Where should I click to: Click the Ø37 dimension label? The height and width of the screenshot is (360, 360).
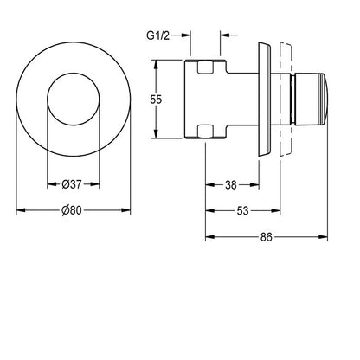pyautogui.click(x=72, y=184)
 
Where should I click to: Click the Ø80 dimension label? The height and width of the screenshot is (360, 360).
pyautogui.click(x=72, y=210)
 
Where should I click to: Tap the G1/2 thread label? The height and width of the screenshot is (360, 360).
pyautogui.click(x=158, y=35)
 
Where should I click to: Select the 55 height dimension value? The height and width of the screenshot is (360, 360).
pyautogui.click(x=156, y=100)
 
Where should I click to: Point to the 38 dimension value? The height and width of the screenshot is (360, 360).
pyautogui.click(x=231, y=185)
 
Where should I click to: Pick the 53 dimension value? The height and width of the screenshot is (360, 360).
pyautogui.click(x=242, y=211)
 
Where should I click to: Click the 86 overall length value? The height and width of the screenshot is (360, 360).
pyautogui.click(x=267, y=237)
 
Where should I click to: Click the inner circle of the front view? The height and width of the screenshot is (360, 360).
pyautogui.click(x=74, y=73)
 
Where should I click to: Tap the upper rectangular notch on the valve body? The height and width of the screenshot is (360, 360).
pyautogui.click(x=206, y=67)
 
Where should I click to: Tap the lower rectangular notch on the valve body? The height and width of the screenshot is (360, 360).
pyautogui.click(x=206, y=131)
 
